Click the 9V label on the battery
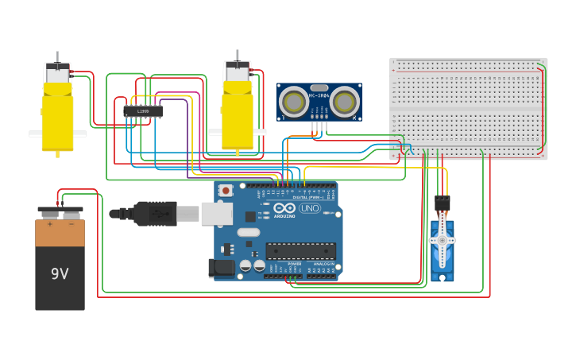[x=60, y=274]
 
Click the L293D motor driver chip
[x=143, y=111]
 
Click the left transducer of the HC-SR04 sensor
[x=293, y=102]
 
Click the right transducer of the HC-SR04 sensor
[x=345, y=102]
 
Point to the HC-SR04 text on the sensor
[x=319, y=96]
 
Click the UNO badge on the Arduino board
[x=309, y=208]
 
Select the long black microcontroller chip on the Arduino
[x=300, y=251]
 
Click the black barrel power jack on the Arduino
[x=222, y=268]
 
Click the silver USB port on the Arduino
[x=216, y=213]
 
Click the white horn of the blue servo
[x=442, y=241]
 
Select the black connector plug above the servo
[x=442, y=203]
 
